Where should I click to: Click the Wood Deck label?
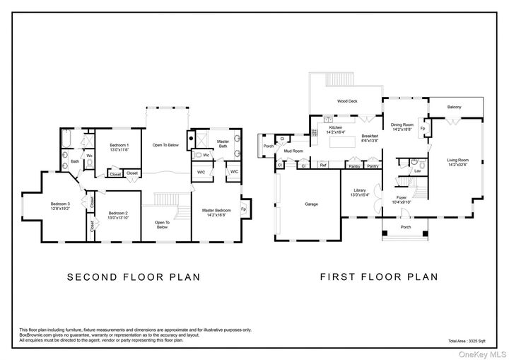pyautogui.click(x=346, y=101)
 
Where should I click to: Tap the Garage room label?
pyautogui.click(x=311, y=204)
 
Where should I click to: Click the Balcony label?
pyautogui.click(x=454, y=107)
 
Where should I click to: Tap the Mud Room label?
pyautogui.click(x=293, y=151)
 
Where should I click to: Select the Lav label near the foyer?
pyautogui.click(x=417, y=171)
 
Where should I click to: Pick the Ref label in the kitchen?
pyautogui.click(x=322, y=166)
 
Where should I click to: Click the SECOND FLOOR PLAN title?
pyautogui.click(x=134, y=277)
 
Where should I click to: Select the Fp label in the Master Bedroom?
pyautogui.click(x=243, y=209)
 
